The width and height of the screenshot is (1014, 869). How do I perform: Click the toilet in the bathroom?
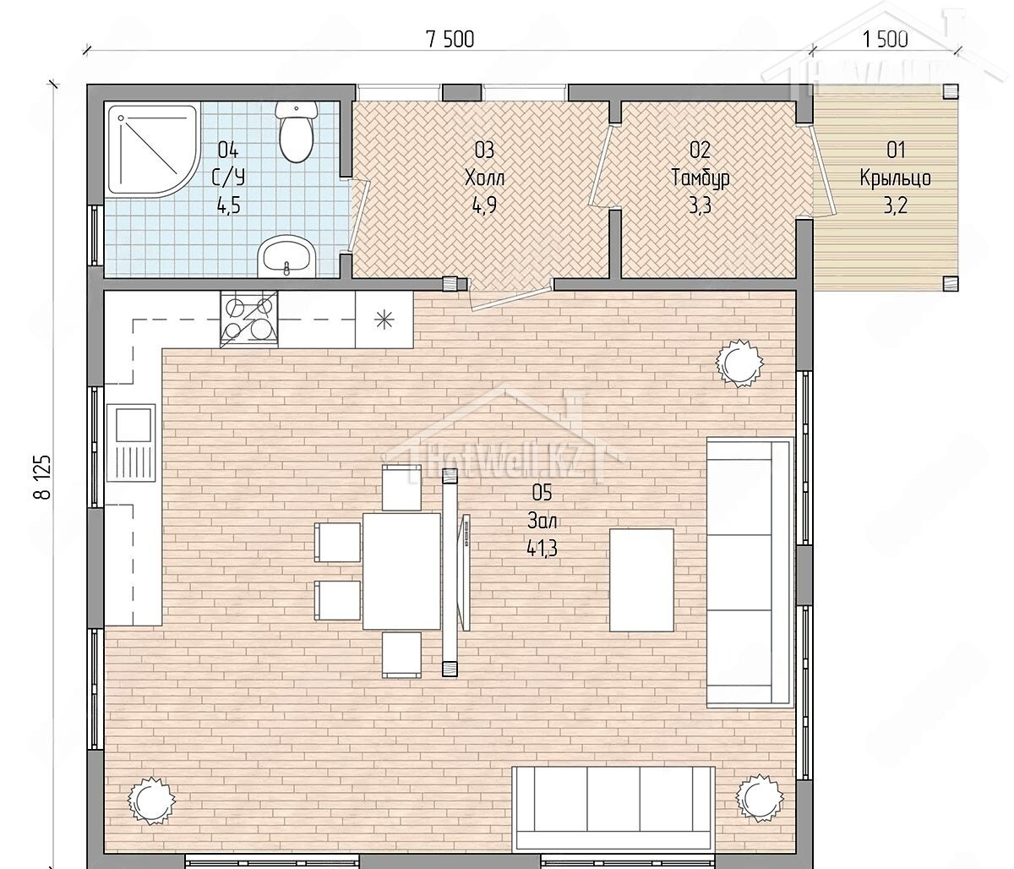(295, 133)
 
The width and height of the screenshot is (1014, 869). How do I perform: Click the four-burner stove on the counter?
(249, 320)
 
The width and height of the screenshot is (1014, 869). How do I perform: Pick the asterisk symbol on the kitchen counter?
(384, 320)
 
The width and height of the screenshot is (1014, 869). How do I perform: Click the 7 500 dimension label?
(450, 40)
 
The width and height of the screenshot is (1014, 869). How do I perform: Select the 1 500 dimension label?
(885, 40)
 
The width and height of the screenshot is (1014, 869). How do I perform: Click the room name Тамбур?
(700, 178)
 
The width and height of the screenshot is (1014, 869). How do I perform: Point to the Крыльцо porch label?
(896, 178)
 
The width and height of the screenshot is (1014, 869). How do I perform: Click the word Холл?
(484, 178)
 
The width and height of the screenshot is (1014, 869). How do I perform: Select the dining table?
(401, 571)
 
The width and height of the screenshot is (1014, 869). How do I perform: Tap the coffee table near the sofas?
(641, 580)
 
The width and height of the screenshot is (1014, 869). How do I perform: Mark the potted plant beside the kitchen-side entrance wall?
(739, 363)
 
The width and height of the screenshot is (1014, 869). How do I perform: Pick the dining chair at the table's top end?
(401, 488)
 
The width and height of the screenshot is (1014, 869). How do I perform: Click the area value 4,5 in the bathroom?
(229, 206)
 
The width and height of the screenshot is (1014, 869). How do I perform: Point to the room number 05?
(542, 492)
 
